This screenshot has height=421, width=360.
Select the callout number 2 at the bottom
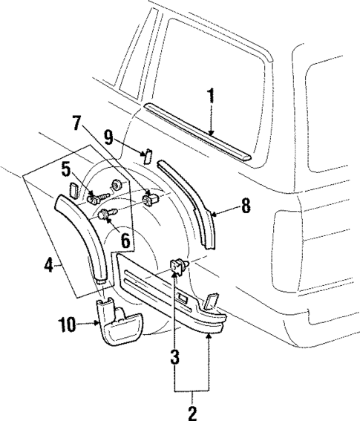(x=192, y=411)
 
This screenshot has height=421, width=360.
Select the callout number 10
(x=68, y=324)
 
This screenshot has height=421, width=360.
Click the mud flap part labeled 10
(x=120, y=324)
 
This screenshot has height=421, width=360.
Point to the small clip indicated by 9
(x=147, y=155)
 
